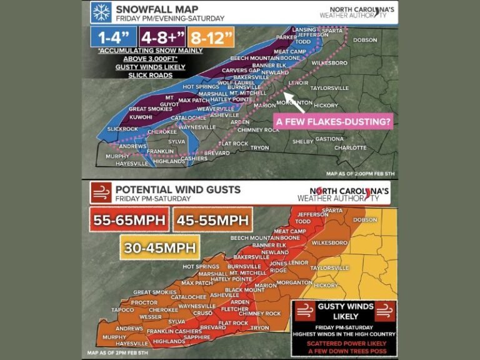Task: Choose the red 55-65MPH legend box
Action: (x=128, y=219)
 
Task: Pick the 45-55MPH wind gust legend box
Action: (x=212, y=219)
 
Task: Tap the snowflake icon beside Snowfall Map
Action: (x=100, y=12)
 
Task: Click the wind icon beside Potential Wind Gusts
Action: (x=100, y=191)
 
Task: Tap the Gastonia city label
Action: (x=329, y=139)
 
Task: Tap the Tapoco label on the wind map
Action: (x=122, y=309)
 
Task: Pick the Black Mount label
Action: (x=244, y=290)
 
